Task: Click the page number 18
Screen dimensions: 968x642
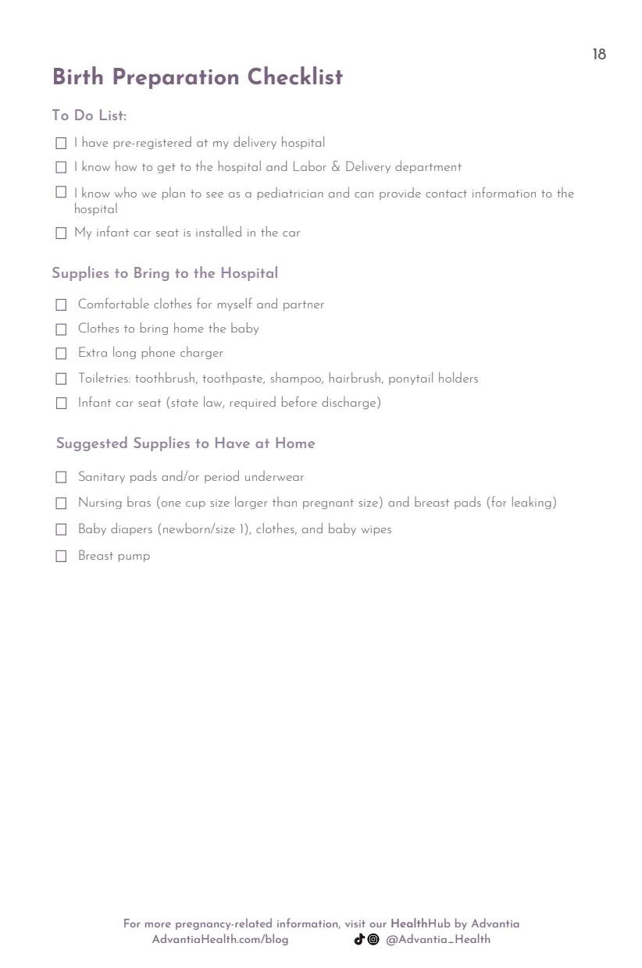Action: click(x=599, y=55)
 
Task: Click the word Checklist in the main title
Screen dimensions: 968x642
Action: click(x=294, y=77)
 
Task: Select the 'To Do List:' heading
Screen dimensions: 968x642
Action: click(x=89, y=116)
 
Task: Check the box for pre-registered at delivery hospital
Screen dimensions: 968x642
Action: click(x=61, y=144)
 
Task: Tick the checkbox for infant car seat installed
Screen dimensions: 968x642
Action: click(x=61, y=233)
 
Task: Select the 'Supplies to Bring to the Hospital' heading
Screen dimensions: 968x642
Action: click(x=165, y=273)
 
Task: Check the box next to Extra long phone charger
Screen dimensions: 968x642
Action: click(x=61, y=354)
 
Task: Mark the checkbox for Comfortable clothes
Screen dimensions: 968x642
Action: click(x=61, y=305)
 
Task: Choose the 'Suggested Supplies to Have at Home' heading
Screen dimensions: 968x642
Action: click(x=185, y=443)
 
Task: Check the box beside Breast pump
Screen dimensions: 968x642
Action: click(x=61, y=557)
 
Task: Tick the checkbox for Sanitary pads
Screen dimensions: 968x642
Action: click(x=61, y=478)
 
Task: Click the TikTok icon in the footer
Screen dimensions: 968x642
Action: click(x=359, y=939)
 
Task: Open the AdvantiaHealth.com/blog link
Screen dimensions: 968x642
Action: click(x=220, y=939)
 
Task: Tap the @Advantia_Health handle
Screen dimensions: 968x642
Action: click(x=438, y=939)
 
